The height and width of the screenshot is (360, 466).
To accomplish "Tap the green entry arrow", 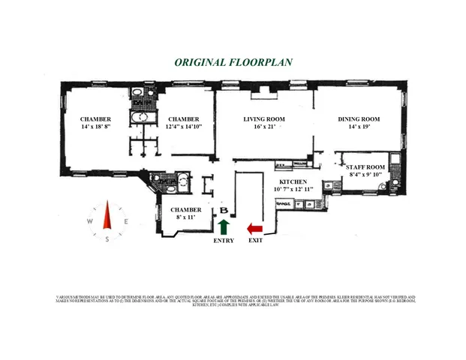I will click(223, 227).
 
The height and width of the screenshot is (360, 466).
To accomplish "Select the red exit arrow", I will click(255, 227).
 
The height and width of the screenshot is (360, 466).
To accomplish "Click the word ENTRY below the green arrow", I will click(224, 241).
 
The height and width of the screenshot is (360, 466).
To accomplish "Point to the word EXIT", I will click(255, 241).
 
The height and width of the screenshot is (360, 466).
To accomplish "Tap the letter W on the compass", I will click(89, 221).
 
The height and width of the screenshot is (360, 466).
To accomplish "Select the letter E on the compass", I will click(126, 221).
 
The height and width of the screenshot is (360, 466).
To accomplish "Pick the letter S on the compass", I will click(107, 239).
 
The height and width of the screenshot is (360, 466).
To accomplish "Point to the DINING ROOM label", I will click(359, 119).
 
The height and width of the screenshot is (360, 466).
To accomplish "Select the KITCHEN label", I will click(294, 182).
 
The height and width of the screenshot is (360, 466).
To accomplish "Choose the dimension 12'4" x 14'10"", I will click(183, 127).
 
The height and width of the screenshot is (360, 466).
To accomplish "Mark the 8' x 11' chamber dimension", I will click(185, 217).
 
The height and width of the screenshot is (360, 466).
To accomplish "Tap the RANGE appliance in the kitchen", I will click(284, 204).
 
